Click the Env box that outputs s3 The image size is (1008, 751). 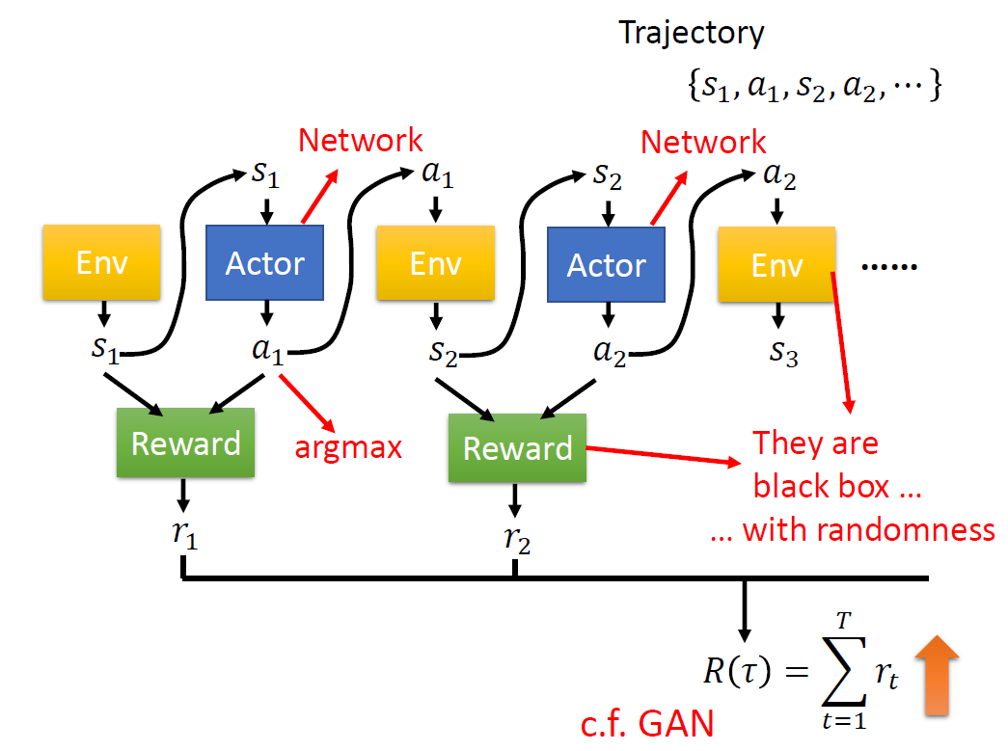[777, 264]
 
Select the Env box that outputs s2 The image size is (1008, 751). [435, 263]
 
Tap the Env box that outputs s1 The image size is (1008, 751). [101, 261]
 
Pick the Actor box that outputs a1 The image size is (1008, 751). [265, 263]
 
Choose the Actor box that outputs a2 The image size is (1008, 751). [606, 264]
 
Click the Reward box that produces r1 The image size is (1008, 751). [185, 443]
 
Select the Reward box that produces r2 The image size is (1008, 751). [518, 448]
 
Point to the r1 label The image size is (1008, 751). [184, 534]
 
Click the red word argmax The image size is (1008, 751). [348, 447]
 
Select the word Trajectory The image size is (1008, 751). [692, 33]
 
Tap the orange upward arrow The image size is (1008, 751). [935, 681]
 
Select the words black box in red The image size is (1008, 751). [822, 486]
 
